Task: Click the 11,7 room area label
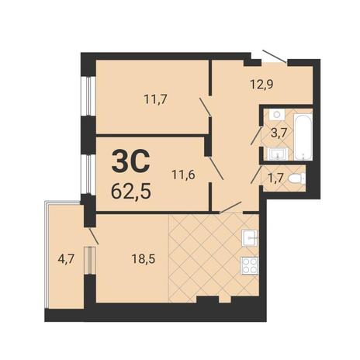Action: point(156,99)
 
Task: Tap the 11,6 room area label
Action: point(183,175)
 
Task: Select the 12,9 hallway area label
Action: point(261,85)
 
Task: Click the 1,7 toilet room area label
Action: point(276,178)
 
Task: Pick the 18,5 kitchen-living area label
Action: point(144,258)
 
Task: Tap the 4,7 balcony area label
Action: point(66,259)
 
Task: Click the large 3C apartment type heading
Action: point(131,162)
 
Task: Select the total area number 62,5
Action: point(131,192)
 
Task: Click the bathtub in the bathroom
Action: point(303,137)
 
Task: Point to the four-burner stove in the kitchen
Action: point(250,265)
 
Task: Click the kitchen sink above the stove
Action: point(250,238)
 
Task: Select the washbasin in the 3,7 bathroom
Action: point(278,154)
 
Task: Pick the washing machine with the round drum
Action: point(277,114)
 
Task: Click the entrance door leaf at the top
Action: point(275,56)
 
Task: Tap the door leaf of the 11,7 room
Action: point(205,106)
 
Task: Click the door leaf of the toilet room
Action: point(256,175)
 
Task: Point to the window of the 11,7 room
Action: point(88,96)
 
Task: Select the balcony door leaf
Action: point(93,236)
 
